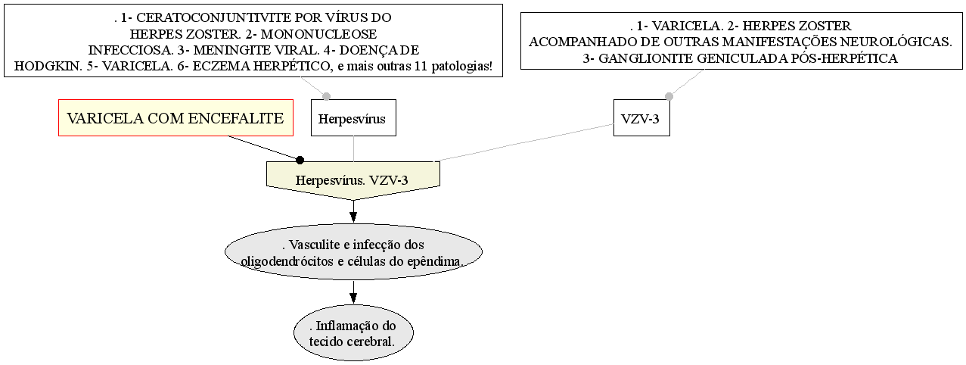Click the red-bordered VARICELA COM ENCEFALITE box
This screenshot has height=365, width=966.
[176, 118]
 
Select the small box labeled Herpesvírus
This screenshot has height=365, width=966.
[353, 118]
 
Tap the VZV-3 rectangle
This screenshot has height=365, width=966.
[641, 118]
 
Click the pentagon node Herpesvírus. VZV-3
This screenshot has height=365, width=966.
[353, 180]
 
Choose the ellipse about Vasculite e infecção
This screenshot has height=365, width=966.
[353, 252]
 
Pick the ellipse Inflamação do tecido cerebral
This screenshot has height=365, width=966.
[353, 333]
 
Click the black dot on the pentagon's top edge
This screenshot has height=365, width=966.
[300, 161]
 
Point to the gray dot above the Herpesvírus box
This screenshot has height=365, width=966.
[327, 96]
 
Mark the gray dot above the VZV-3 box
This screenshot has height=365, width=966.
[669, 96]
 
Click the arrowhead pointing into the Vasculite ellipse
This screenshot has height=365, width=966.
[353, 217]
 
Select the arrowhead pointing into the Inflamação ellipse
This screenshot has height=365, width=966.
[353, 298]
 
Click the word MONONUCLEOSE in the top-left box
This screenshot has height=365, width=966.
[318, 33]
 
